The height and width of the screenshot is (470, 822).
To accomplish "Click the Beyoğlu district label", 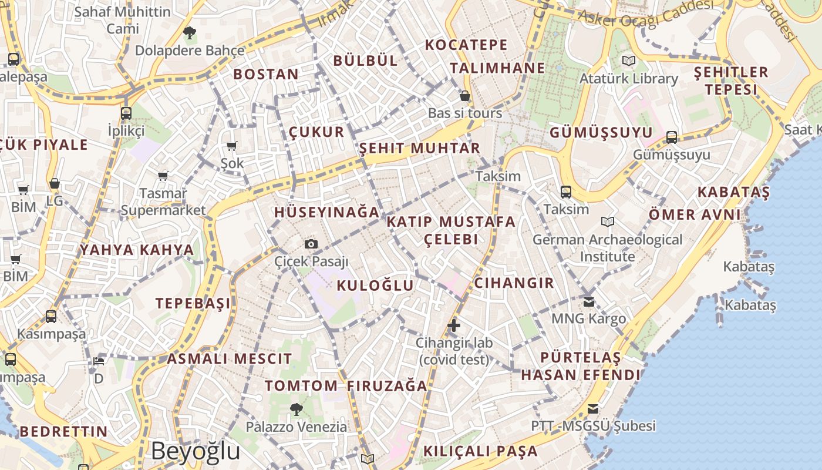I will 195,451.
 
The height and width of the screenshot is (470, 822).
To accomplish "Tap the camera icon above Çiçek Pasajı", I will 311,244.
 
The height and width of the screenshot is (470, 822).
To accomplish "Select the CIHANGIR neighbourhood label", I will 514,283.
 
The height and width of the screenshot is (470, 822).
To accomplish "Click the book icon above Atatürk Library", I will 628,61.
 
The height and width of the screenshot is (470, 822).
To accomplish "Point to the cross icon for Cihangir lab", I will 453,325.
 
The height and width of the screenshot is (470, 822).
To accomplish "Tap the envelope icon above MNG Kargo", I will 588,302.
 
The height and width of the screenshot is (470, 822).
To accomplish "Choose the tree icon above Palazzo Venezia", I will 296,409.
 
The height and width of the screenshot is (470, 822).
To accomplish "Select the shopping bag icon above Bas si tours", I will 465,96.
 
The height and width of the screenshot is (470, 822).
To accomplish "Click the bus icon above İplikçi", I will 126,113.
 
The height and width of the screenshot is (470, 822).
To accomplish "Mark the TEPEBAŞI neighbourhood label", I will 193,303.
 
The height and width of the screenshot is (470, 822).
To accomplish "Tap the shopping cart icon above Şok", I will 232,146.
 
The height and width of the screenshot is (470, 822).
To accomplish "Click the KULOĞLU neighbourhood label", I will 375,286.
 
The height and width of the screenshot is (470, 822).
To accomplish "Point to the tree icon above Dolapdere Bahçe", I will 189,33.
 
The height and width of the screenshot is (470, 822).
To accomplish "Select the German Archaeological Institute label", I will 607,248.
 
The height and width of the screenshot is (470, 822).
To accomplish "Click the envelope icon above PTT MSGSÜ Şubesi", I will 593,408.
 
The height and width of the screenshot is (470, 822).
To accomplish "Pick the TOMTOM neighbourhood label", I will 301,386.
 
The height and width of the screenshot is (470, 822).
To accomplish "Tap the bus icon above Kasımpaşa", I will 51,317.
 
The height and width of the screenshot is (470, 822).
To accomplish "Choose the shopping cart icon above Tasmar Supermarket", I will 163,176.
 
